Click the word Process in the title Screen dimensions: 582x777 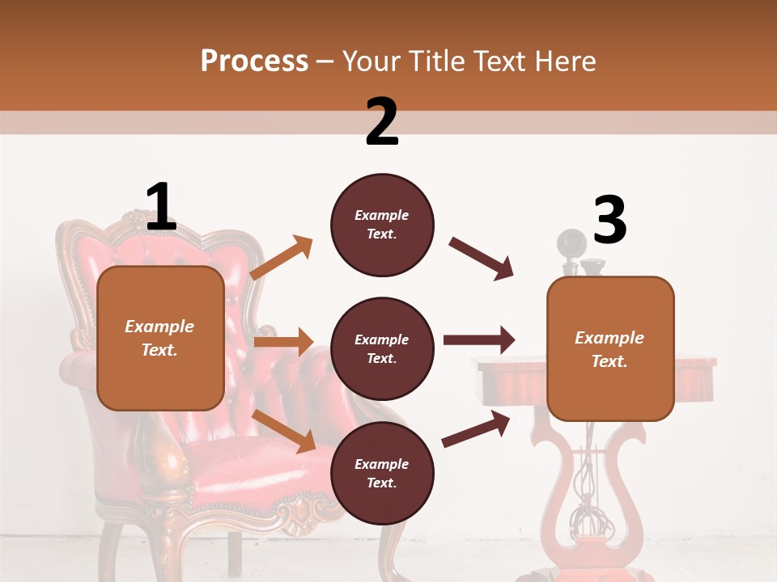(254, 61)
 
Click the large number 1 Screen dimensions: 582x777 (161, 208)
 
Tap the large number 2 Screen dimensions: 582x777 (382, 122)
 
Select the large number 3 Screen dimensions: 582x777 (609, 221)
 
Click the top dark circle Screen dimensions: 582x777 (382, 225)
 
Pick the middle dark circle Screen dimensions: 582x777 (382, 348)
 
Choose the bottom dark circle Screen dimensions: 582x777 (382, 473)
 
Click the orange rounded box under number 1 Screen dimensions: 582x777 (160, 338)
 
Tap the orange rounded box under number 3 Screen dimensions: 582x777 (610, 348)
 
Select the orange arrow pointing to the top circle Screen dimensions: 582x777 (282, 258)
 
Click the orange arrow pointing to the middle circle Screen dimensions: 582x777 (283, 342)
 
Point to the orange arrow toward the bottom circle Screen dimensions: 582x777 (284, 430)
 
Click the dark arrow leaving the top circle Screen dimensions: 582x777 (482, 259)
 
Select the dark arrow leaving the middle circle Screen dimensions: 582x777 (478, 340)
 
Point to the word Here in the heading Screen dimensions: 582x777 (563, 61)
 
